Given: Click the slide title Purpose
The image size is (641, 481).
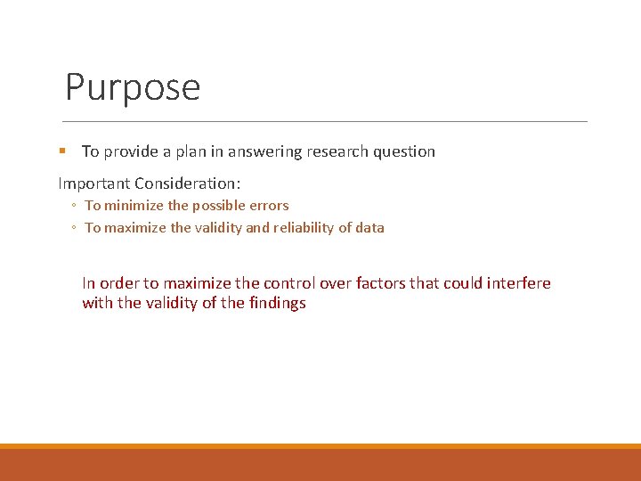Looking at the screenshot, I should click(133, 88).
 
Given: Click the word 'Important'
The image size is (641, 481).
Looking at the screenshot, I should click(93, 183).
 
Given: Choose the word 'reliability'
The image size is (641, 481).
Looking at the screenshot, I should click(304, 228).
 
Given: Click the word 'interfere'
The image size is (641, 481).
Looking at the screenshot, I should click(519, 283).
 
